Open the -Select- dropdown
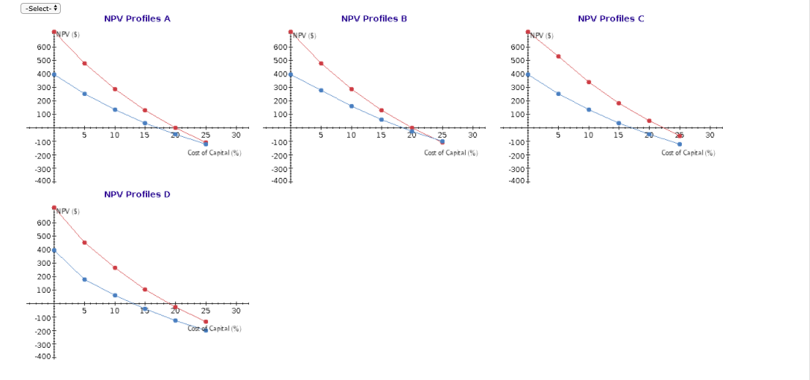(x=41, y=8)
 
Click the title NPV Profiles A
(x=137, y=18)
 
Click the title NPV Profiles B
(x=374, y=18)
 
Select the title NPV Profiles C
(x=611, y=18)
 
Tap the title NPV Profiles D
(x=137, y=194)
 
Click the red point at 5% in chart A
(x=85, y=64)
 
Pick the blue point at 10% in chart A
(x=115, y=110)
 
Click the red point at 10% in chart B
(x=352, y=89)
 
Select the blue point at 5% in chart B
(x=322, y=90)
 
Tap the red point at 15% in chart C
(x=619, y=103)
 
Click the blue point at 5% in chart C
(x=558, y=94)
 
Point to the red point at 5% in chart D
(x=85, y=242)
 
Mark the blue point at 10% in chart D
(x=115, y=295)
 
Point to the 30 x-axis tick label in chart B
(x=472, y=135)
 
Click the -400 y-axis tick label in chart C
(x=517, y=180)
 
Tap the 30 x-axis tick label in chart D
(x=236, y=311)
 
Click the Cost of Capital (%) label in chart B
(x=451, y=152)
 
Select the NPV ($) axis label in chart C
(x=543, y=35)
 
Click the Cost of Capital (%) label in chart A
(x=215, y=152)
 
